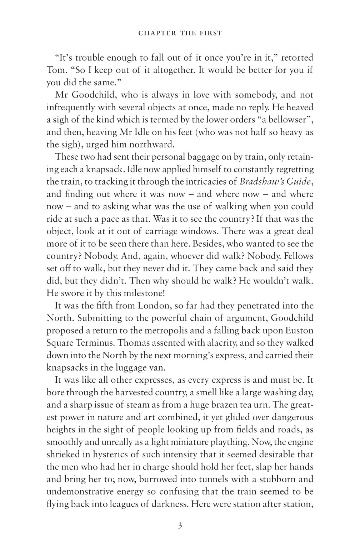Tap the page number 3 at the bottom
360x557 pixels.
pos(180,526)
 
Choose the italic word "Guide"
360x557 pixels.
pos(299,181)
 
